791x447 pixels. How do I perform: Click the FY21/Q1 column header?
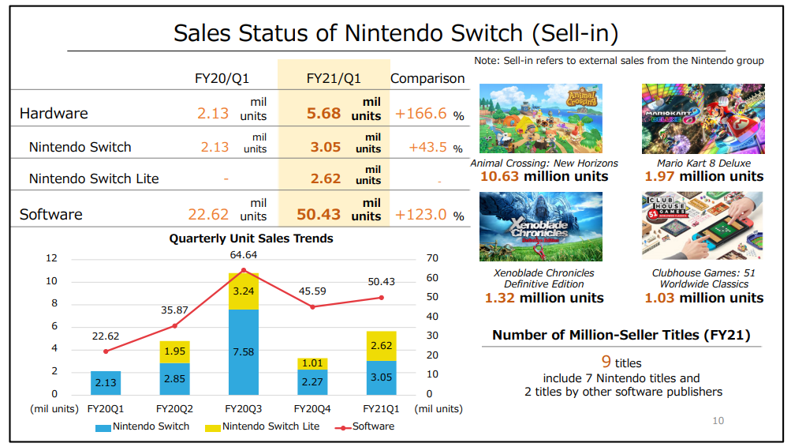tap(334, 78)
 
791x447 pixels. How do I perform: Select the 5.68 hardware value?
tap(323, 113)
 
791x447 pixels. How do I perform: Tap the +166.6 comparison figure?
tap(421, 114)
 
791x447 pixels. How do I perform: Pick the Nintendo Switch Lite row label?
tap(94, 178)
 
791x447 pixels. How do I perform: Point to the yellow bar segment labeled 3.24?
tap(243, 291)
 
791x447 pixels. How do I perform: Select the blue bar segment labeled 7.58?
tap(243, 351)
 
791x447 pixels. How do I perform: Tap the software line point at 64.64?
tap(243, 270)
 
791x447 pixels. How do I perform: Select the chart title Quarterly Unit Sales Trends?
tap(251, 239)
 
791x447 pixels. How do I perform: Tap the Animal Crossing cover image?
tap(541, 118)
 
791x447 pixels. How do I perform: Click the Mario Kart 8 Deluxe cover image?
tap(703, 118)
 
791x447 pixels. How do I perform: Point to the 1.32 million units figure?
tap(544, 298)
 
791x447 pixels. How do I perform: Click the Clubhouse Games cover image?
tap(703, 226)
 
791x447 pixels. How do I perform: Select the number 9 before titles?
tap(606, 362)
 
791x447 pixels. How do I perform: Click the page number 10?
tap(718, 421)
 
